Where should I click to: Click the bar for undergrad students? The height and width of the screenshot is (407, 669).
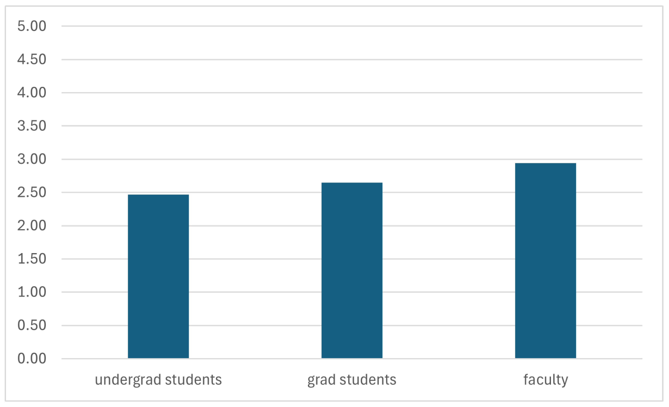click(158, 276)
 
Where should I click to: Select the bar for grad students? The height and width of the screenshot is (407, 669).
click(352, 270)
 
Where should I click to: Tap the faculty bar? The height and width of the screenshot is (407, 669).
click(545, 261)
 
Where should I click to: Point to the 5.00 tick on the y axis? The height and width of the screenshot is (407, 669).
click(32, 26)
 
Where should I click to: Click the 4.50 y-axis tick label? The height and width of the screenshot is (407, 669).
click(32, 59)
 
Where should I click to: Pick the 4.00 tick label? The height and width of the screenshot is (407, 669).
click(32, 93)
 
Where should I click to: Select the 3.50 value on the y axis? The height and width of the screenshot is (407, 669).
click(32, 126)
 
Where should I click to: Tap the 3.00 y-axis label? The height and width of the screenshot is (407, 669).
click(32, 159)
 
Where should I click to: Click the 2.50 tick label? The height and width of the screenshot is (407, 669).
click(32, 192)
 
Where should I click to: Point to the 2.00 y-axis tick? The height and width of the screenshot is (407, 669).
click(32, 226)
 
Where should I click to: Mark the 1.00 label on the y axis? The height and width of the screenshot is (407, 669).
click(32, 292)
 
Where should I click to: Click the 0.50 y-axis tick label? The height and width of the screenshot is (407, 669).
click(32, 325)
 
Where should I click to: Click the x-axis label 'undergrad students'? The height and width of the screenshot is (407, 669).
click(158, 380)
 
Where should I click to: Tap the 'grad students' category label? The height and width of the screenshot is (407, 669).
click(352, 380)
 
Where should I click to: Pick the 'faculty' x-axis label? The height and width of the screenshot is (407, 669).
click(545, 380)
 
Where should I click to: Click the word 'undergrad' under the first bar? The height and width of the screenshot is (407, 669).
click(129, 380)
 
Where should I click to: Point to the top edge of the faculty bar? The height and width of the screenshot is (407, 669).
click(545, 163)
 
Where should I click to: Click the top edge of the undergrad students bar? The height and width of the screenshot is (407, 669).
click(158, 195)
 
